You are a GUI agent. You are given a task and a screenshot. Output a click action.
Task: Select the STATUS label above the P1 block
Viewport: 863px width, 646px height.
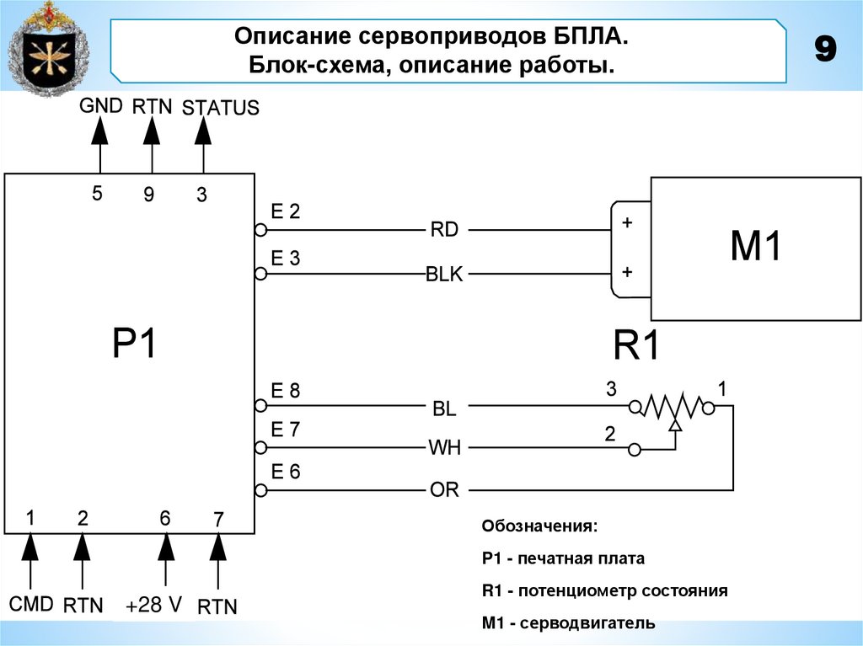click(x=220, y=109)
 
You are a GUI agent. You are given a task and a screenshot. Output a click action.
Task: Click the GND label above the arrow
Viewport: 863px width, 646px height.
click(x=101, y=106)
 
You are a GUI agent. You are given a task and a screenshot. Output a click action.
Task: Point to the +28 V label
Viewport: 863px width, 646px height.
click(x=154, y=606)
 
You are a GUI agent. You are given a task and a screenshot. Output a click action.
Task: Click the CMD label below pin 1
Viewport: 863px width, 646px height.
click(x=31, y=604)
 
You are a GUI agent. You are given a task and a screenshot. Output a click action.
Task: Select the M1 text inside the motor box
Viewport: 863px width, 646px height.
click(x=755, y=248)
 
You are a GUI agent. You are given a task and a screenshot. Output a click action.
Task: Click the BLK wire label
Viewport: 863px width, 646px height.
click(x=444, y=275)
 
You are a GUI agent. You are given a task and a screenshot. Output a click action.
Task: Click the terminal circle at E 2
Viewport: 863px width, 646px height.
click(x=260, y=230)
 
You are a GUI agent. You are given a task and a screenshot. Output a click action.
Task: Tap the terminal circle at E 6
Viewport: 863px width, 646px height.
click(x=260, y=490)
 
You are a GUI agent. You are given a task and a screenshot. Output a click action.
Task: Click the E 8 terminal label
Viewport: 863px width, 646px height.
click(x=285, y=391)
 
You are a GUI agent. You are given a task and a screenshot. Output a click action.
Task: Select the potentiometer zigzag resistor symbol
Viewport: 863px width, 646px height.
click(x=673, y=408)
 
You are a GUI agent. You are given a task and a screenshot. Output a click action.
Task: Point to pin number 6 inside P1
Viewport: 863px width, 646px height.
click(x=165, y=519)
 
